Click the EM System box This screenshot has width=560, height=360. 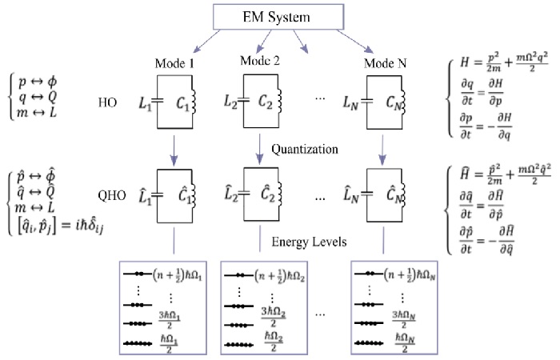pyautogui.click(x=272, y=15)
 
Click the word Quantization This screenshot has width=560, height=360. pyautogui.click(x=305, y=147)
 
